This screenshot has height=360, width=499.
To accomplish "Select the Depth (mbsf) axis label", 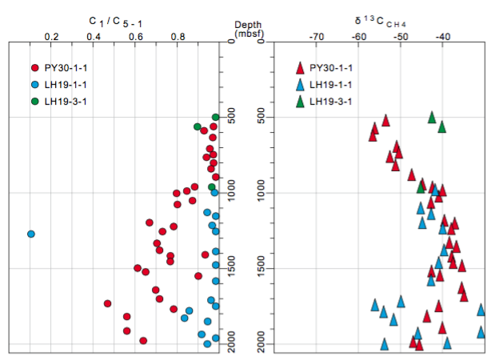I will click(x=249, y=29).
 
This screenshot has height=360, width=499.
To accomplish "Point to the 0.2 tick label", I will click(x=51, y=36).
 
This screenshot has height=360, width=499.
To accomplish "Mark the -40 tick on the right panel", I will click(x=443, y=36).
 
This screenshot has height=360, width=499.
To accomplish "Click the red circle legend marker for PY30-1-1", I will click(x=34, y=68).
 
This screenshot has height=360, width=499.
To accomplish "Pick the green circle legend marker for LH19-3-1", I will click(x=34, y=101).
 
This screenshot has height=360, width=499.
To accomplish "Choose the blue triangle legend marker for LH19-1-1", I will click(x=300, y=85).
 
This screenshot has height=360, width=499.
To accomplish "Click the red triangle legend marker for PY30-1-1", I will click(x=300, y=68).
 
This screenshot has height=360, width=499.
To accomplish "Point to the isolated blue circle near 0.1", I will click(x=31, y=234).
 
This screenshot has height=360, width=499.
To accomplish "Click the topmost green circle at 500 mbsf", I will click(x=216, y=118).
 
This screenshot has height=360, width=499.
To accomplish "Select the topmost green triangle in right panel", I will click(x=432, y=117).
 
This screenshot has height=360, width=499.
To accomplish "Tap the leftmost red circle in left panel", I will click(x=107, y=303).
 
